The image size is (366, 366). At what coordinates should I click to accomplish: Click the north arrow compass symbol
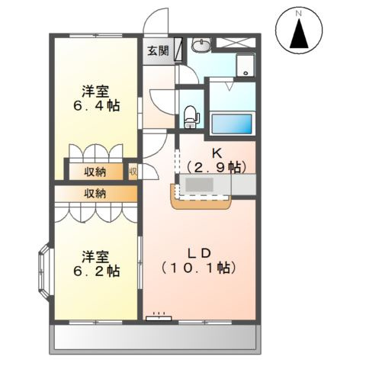(x=300, y=31)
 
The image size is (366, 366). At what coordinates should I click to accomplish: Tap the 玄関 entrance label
(x=158, y=52)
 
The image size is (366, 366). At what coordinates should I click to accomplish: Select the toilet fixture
(x=190, y=115)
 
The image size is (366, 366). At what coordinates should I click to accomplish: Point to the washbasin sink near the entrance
(x=201, y=46)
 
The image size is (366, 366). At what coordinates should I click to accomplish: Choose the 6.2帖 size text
(x=97, y=270)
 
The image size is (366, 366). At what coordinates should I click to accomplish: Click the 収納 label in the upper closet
(x=95, y=171)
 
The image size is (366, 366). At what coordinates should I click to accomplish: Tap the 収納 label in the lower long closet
(x=95, y=194)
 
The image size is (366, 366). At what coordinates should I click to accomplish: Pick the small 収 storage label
(x=132, y=171)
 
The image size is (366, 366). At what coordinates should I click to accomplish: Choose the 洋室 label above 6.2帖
(x=97, y=255)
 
